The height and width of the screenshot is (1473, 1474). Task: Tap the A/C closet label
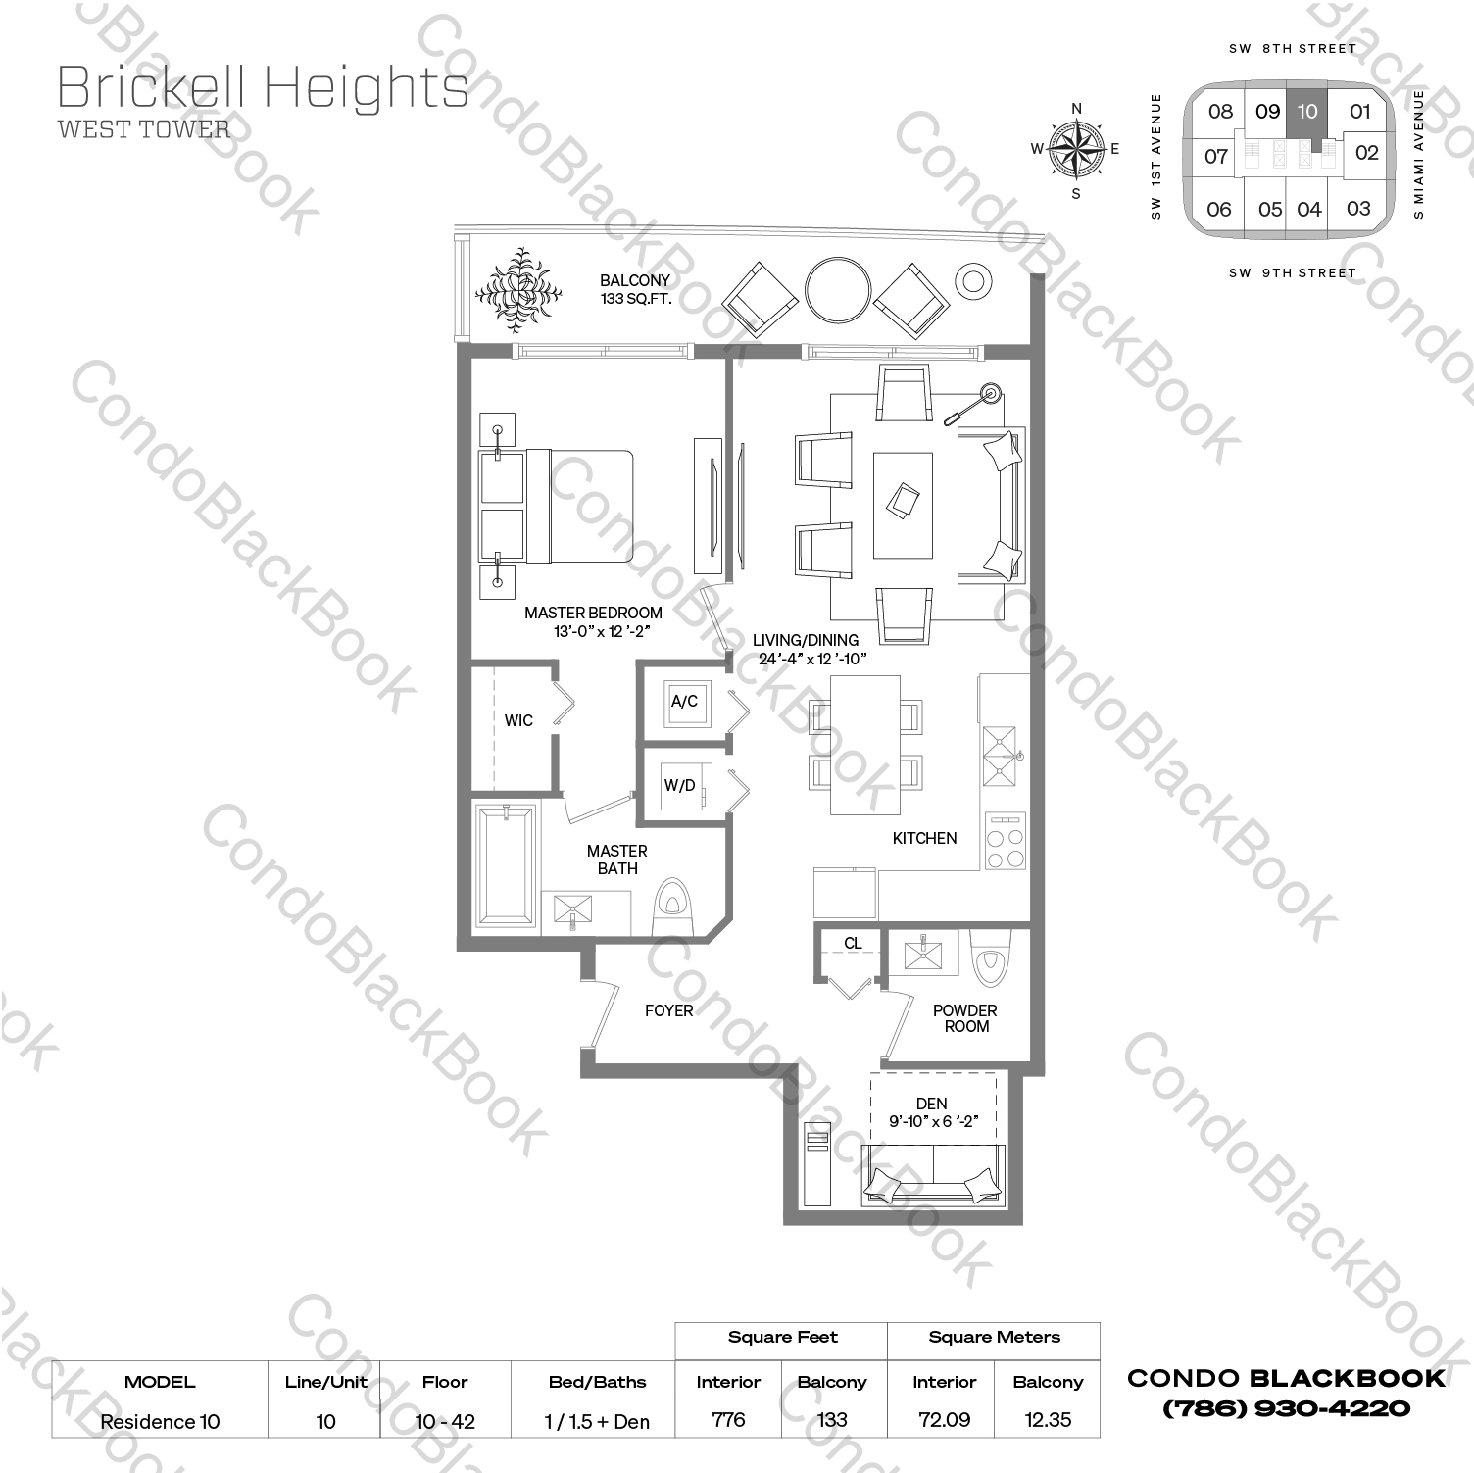[x=684, y=702]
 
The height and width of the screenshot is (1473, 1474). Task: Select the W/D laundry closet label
[x=679, y=785]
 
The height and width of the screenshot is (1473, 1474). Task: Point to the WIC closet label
[x=518, y=720]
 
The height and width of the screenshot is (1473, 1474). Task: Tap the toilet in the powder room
[x=987, y=957]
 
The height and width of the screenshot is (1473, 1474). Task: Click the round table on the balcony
[x=837, y=290]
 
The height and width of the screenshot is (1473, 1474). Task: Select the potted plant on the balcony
[x=518, y=289]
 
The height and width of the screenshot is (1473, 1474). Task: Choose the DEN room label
[x=932, y=1104]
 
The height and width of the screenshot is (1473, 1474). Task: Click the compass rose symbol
[x=1076, y=150]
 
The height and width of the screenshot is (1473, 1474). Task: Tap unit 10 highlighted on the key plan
[x=1307, y=112]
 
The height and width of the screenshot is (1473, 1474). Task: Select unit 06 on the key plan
[x=1219, y=209]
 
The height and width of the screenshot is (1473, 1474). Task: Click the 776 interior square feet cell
[x=728, y=1419]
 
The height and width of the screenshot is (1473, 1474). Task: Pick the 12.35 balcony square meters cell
[x=1048, y=1419]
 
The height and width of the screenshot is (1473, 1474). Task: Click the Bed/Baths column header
[x=597, y=1382]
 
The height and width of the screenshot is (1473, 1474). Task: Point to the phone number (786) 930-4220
[x=1286, y=1409]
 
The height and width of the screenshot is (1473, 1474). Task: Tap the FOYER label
[x=668, y=1010]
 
